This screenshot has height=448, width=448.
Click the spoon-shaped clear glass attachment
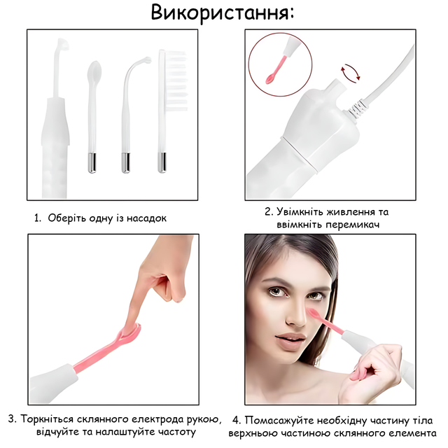coord(92,117)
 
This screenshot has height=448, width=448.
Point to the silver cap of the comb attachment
coord(162,162)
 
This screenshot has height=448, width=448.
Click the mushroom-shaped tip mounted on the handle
coord(62,44)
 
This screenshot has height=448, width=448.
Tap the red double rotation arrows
coord(350,73)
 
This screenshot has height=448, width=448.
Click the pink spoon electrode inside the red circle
coord(276,70)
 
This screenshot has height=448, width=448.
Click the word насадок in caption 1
coord(146,218)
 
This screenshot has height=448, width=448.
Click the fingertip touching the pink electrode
coord(131,327)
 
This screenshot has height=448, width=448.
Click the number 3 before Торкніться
coord(11,419)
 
